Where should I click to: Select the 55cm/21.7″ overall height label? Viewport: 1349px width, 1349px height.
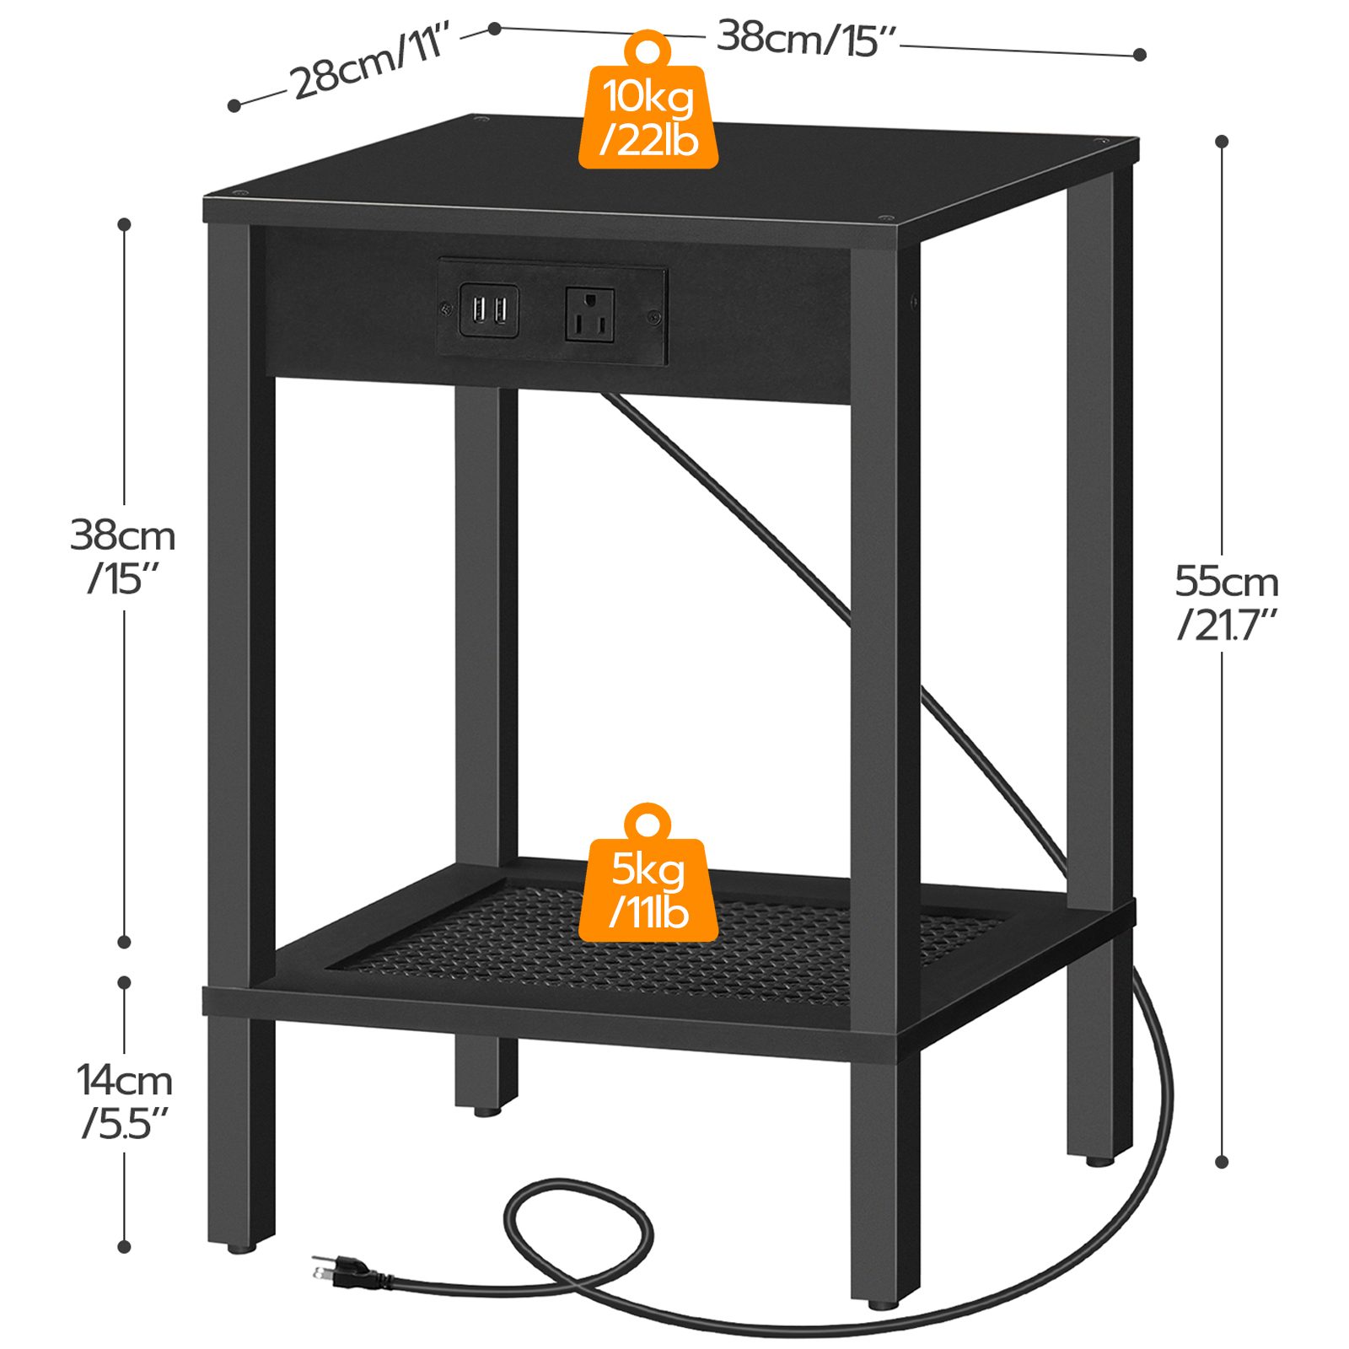(1227, 602)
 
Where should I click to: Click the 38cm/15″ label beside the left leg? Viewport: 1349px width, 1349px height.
(123, 556)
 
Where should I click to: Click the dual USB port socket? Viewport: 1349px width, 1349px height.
(488, 311)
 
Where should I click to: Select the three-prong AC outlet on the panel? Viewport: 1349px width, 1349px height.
(589, 314)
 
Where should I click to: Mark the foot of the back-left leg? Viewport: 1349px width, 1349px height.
(486, 1111)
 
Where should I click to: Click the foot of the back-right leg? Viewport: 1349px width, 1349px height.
(1099, 1160)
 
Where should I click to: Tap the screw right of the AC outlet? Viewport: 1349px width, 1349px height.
(653, 318)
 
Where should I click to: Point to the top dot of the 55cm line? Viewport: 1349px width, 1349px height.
(1222, 141)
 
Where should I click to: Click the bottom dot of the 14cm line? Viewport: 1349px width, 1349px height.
(125, 1246)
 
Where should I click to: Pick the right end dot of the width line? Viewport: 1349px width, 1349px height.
(1140, 55)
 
